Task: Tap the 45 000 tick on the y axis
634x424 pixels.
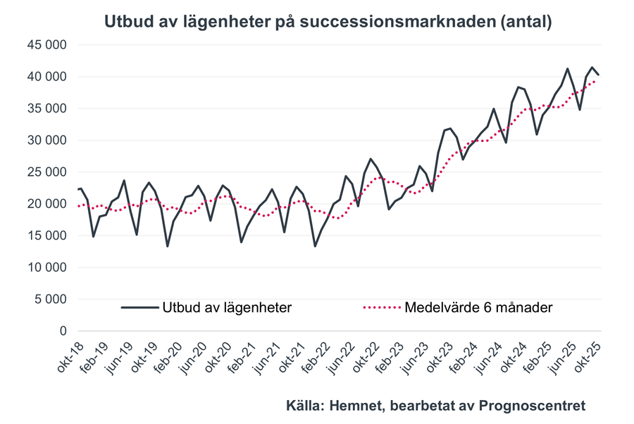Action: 46,45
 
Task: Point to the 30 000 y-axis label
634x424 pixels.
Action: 46,141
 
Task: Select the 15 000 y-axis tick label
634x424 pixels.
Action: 46,236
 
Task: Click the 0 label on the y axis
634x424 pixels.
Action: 62,331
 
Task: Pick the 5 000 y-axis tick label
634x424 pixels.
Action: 49,300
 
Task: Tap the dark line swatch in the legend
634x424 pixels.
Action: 139,307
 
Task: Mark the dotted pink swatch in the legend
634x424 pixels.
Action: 381,307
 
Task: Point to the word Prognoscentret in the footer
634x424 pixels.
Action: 533,406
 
